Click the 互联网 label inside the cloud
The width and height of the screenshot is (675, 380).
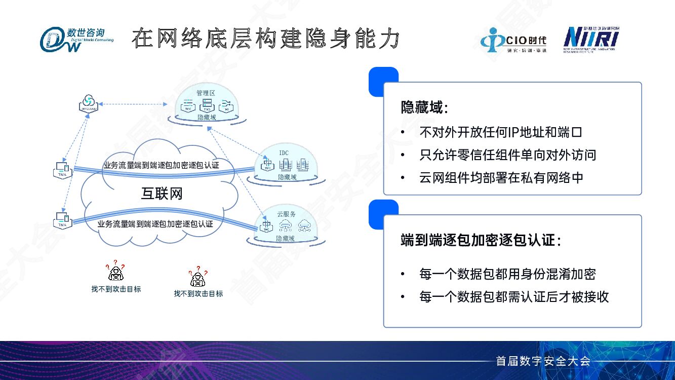(162, 194)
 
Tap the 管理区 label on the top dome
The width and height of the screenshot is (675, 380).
(206, 93)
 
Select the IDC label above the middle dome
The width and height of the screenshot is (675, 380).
(284, 153)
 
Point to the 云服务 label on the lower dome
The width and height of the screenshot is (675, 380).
(286, 214)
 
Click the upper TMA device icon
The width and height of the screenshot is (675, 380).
(63, 169)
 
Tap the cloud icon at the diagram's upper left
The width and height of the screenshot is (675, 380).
(88, 102)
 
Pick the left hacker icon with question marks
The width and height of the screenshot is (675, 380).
(115, 273)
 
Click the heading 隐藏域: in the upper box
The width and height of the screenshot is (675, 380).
(424, 107)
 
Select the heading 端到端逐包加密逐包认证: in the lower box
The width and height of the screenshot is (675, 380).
(481, 240)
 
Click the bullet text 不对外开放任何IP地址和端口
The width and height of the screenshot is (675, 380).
(501, 132)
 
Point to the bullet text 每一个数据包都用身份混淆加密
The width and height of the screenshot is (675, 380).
(507, 274)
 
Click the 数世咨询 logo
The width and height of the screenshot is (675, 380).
(76, 39)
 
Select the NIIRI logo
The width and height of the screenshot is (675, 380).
(591, 39)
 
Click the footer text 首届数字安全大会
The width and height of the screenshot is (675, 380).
(543, 361)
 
